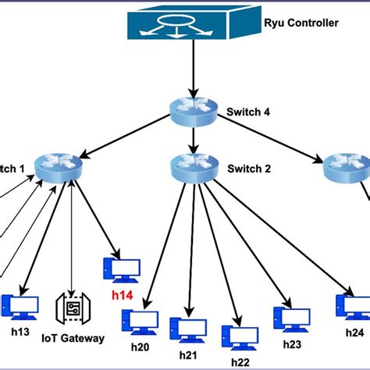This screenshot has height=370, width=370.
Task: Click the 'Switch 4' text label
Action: pos(249,111)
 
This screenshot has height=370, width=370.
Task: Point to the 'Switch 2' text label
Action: pos(249,168)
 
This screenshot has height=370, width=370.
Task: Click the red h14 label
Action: pos(122,295)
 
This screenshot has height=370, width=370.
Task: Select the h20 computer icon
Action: pos(140,322)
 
